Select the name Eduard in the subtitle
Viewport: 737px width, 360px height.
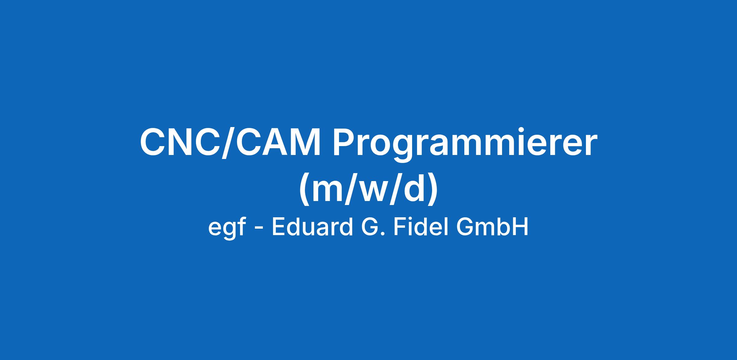click(x=312, y=227)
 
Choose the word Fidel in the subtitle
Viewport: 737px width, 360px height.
click(x=420, y=227)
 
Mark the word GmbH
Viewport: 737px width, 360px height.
click(x=492, y=227)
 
